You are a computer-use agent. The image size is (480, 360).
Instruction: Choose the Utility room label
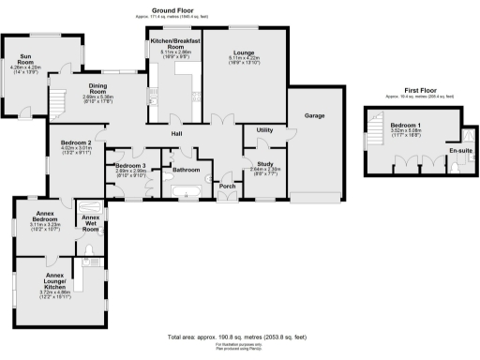263,129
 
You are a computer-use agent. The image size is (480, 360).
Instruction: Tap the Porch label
226,185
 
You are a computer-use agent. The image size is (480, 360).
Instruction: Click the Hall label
175,133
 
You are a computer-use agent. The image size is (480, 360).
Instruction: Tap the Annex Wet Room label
91,222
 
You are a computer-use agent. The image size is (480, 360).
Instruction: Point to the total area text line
240,337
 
